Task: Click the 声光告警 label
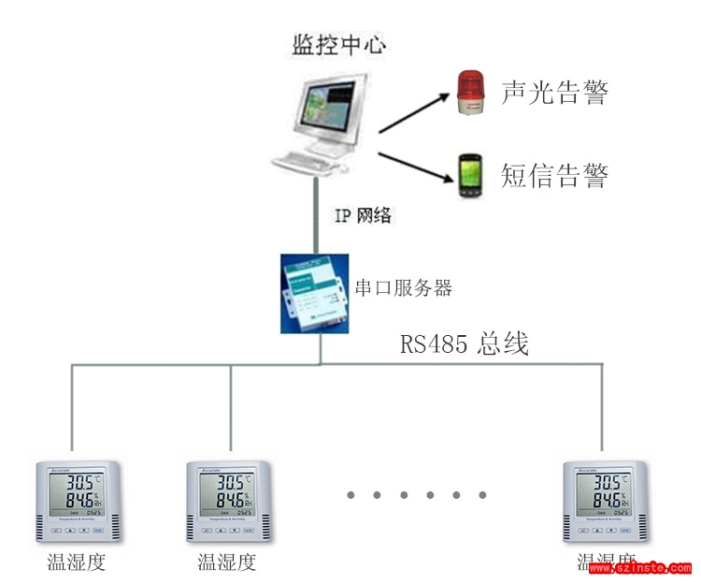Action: (555, 93)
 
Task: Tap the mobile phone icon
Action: (470, 175)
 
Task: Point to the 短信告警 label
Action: (555, 175)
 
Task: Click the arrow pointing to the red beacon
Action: (410, 111)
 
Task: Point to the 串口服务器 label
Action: (405, 288)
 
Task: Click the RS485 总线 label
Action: (465, 344)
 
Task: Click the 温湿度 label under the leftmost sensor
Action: (77, 562)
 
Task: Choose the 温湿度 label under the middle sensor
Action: (227, 562)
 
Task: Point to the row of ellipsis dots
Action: (416, 494)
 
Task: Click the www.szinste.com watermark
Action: (640, 568)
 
